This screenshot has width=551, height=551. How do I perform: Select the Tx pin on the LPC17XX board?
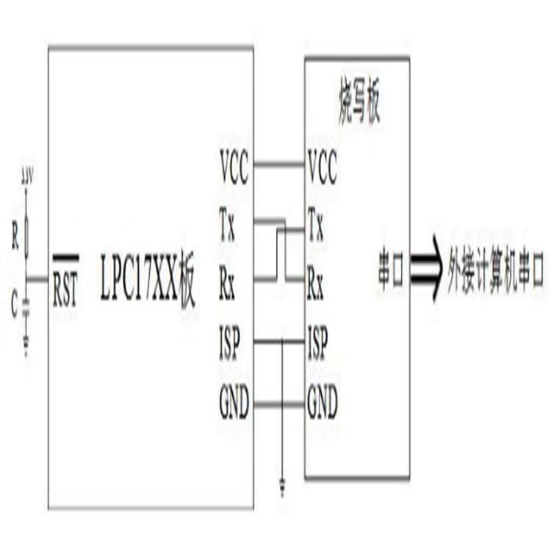click(228, 223)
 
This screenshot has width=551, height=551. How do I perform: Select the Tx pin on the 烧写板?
click(315, 223)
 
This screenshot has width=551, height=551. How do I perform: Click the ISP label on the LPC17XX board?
click(230, 342)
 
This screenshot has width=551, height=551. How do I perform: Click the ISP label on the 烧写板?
click(318, 342)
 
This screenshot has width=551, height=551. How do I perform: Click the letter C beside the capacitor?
click(15, 304)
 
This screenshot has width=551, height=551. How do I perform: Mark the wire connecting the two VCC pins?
click(278, 164)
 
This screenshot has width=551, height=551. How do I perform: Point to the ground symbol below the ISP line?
click(281, 486)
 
